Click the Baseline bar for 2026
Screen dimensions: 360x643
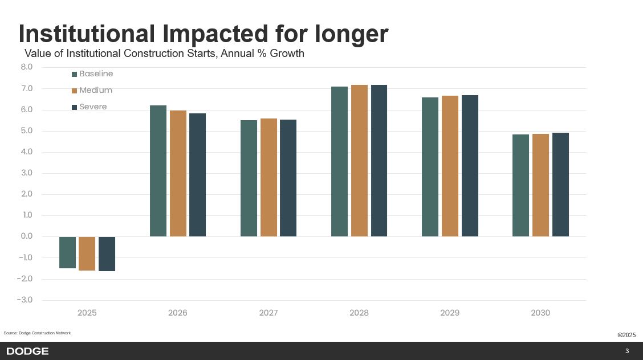coord(158,171)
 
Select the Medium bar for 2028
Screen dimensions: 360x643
coord(359,161)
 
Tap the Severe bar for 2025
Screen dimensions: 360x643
coord(107,253)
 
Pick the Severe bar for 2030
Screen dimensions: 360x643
coord(560,185)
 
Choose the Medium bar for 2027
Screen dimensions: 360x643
coord(268,178)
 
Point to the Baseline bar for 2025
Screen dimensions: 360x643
coord(67,252)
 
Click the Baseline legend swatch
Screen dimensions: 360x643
coord(74,74)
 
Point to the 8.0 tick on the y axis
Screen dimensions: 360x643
coord(27,67)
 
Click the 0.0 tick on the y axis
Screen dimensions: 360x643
coord(27,236)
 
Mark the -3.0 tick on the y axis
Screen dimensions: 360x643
coord(26,300)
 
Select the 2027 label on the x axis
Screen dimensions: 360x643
coord(268,313)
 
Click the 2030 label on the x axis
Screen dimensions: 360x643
coord(540,313)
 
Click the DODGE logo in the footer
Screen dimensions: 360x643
coord(27,351)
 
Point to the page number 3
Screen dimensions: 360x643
coord(627,351)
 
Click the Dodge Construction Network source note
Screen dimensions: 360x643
coord(37,333)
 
